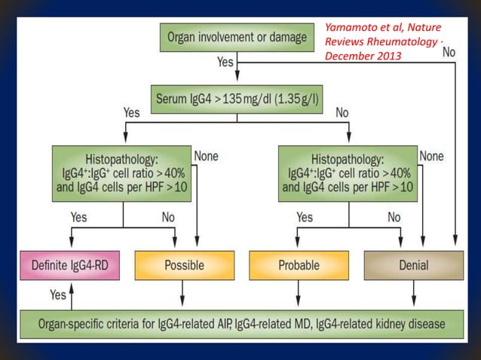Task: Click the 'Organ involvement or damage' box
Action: (236, 37)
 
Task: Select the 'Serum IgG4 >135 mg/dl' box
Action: (236, 98)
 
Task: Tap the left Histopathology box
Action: (122, 174)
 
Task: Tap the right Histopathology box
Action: (349, 174)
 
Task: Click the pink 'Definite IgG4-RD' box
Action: (69, 265)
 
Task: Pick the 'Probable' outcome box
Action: (298, 265)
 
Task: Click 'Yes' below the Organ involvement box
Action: (225, 62)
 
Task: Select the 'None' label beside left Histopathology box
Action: (206, 156)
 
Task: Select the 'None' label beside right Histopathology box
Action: (431, 156)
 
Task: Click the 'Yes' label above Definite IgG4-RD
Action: (78, 217)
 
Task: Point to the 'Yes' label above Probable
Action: (305, 217)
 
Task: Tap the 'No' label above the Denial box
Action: (394, 217)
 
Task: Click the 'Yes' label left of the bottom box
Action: (57, 294)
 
